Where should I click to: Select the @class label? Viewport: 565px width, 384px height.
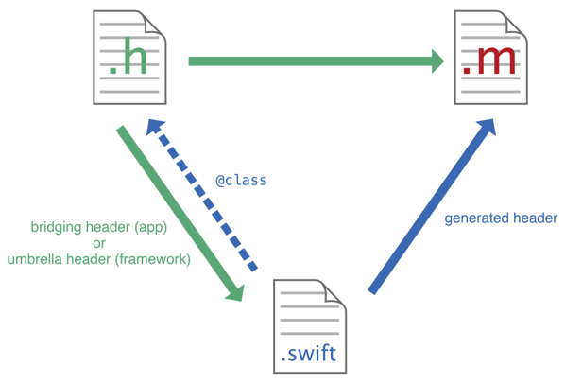(x=241, y=180)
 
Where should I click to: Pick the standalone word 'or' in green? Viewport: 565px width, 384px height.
(x=98, y=243)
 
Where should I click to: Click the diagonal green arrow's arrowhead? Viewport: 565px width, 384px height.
(x=235, y=291)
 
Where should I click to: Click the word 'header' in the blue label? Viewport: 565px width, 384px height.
(x=537, y=218)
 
